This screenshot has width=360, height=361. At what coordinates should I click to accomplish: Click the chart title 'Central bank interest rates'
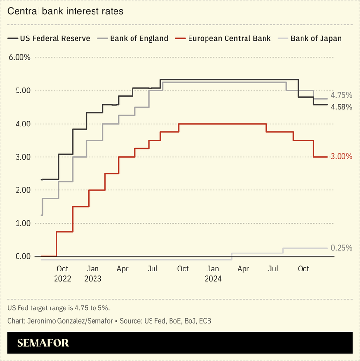click(x=65, y=11)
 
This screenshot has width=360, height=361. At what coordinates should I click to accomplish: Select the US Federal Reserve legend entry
click(x=49, y=38)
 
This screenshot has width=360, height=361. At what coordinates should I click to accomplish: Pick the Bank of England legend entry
click(x=133, y=38)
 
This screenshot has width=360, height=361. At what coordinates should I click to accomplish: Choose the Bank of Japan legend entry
click(x=309, y=38)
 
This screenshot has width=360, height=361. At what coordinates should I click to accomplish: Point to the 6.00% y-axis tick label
click(x=19, y=57)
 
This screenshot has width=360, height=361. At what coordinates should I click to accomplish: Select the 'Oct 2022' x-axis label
click(x=62, y=273)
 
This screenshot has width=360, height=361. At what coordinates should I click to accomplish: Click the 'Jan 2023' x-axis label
click(x=93, y=273)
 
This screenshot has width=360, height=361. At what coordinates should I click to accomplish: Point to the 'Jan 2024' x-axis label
click(x=213, y=273)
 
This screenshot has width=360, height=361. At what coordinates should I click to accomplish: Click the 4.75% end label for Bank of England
click(x=341, y=95)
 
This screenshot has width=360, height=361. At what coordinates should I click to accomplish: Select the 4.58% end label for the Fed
click(x=341, y=107)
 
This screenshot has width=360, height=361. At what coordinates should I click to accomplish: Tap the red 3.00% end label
click(x=341, y=157)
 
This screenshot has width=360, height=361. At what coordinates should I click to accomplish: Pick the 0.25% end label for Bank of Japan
click(x=341, y=248)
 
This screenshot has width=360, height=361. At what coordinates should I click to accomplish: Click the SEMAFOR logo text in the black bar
click(x=43, y=343)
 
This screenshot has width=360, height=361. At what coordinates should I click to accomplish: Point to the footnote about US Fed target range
click(x=58, y=308)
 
